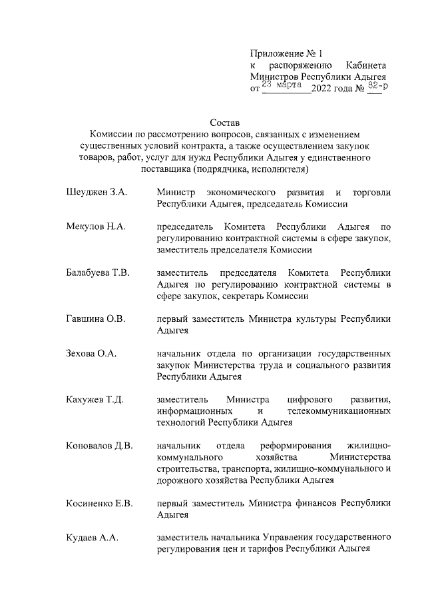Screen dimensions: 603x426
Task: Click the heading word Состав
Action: point(224,123)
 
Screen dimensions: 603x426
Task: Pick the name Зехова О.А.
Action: point(92,353)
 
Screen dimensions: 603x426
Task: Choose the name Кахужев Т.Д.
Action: point(95,399)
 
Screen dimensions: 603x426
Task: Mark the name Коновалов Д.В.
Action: point(100,445)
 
